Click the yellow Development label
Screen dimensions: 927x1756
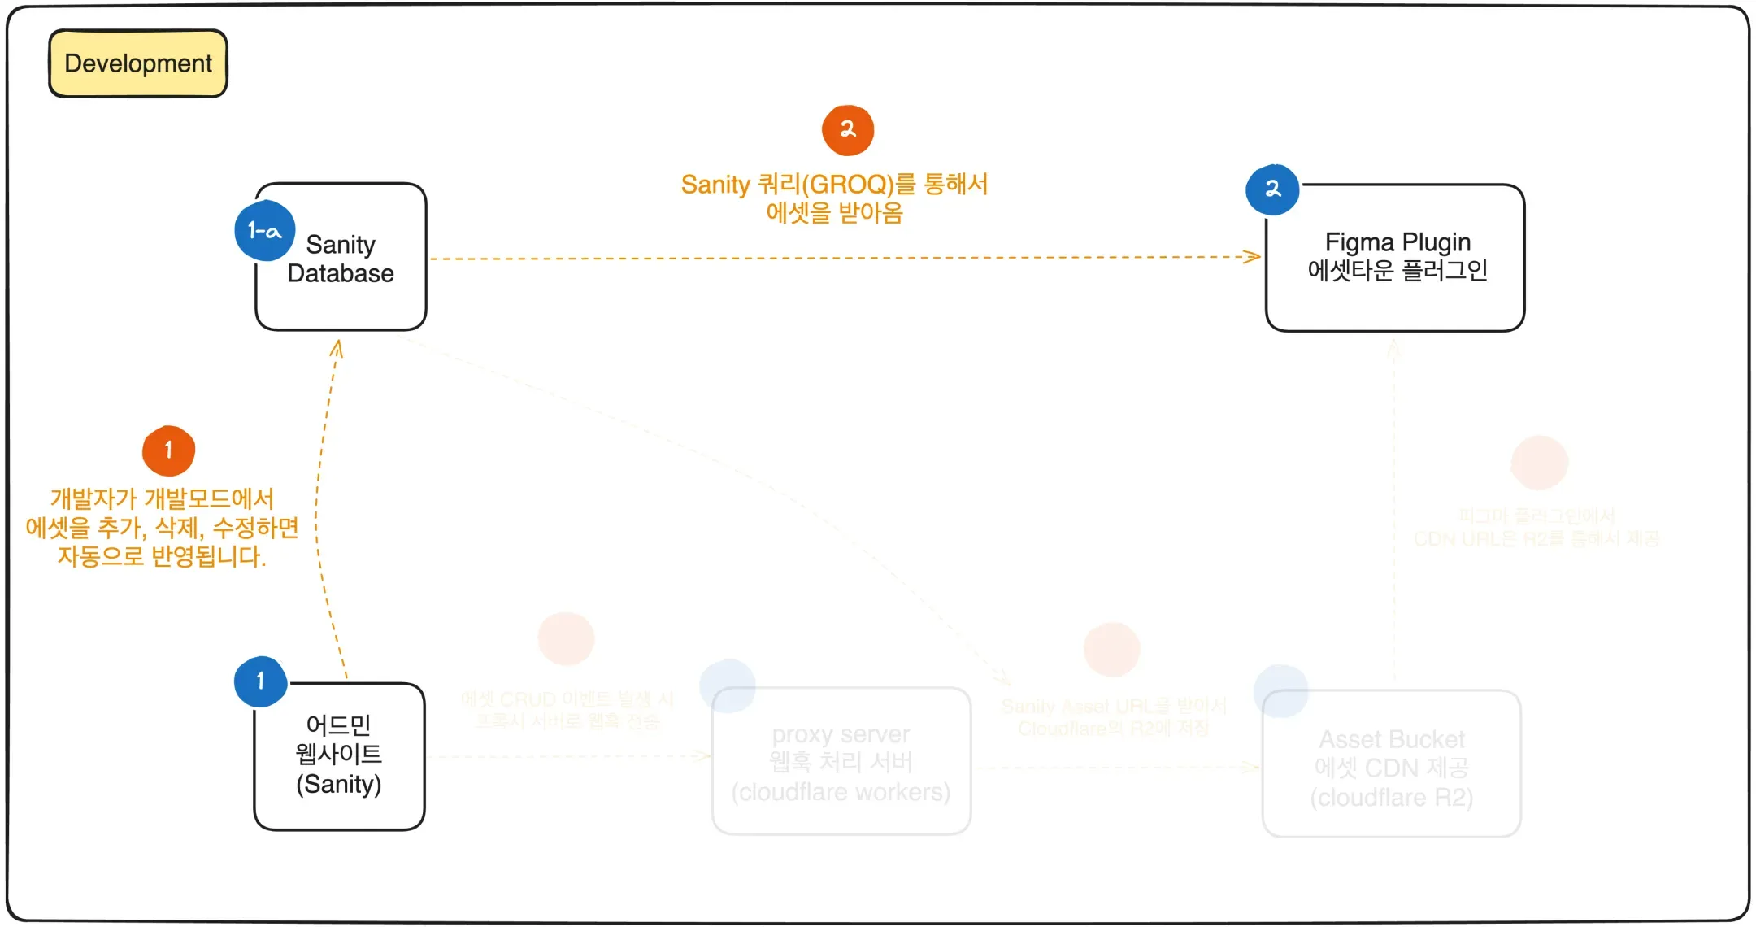138,63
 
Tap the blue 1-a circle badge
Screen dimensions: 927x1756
264,231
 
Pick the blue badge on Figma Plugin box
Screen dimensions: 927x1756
1272,189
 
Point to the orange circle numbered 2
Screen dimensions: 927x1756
848,130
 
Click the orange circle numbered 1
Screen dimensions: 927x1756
168,450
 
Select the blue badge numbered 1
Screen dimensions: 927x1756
260,681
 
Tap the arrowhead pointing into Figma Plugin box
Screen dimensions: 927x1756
1254,257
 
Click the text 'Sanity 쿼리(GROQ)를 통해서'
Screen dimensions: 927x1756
834,185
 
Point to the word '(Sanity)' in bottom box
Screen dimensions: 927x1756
338,784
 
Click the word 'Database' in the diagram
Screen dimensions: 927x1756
341,273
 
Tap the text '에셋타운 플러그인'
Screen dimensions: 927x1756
1397,270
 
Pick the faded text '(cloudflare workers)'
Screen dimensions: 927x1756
841,792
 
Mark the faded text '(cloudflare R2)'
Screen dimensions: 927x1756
1391,798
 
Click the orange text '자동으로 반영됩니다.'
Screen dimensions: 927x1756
162,557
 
